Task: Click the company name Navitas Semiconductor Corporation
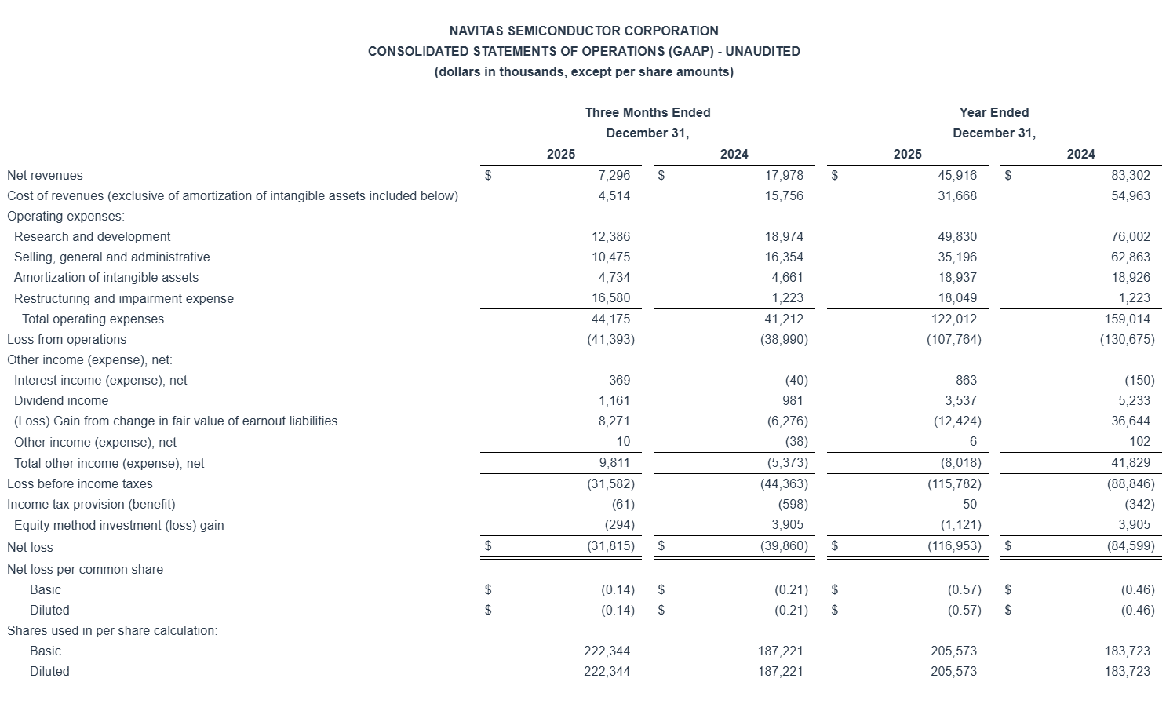[x=583, y=31]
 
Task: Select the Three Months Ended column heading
[x=647, y=112]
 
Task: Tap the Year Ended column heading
[x=993, y=112]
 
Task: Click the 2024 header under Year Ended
[x=1080, y=154]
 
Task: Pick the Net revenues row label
[x=45, y=175]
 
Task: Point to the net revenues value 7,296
[x=614, y=175]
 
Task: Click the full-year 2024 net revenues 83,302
[x=1131, y=175]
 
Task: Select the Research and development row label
[x=92, y=236]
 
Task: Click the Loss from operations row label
[x=67, y=339]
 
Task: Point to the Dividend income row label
[x=61, y=400]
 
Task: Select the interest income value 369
[x=619, y=380]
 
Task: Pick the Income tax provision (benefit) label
[x=91, y=504]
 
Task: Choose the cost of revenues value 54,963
[x=1131, y=195]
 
